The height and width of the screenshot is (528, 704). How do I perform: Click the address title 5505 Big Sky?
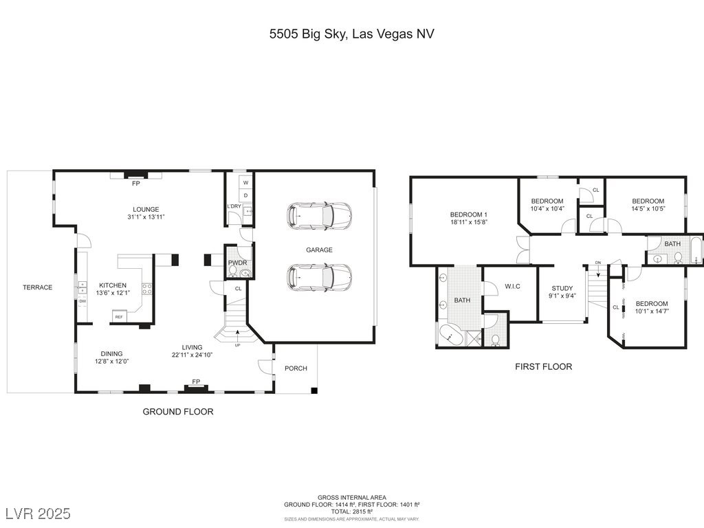pos(351,34)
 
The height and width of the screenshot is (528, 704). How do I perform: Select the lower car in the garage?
pos(319,277)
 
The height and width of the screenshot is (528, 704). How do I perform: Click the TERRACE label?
pos(37,287)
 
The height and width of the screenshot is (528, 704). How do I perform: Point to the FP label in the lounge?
pos(136,184)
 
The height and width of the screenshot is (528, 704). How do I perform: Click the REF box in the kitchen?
pos(119,317)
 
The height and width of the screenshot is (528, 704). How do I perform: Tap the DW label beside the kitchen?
pos(82,301)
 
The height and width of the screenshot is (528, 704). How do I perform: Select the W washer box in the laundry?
pos(245,183)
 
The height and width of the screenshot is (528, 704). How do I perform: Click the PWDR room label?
pos(237,263)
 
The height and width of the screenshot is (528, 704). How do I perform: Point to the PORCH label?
pos(296,368)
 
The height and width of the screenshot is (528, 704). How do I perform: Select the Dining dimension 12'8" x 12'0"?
pos(112,361)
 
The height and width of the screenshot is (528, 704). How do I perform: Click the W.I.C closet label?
pos(513,287)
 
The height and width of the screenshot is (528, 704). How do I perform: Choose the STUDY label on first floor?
pos(562,289)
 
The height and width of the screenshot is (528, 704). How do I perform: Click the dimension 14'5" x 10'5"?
pos(648,208)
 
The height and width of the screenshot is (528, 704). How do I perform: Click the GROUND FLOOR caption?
pos(178,412)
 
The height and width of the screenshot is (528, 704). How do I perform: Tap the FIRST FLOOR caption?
pos(543,367)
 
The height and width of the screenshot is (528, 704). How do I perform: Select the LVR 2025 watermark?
pos(38,514)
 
